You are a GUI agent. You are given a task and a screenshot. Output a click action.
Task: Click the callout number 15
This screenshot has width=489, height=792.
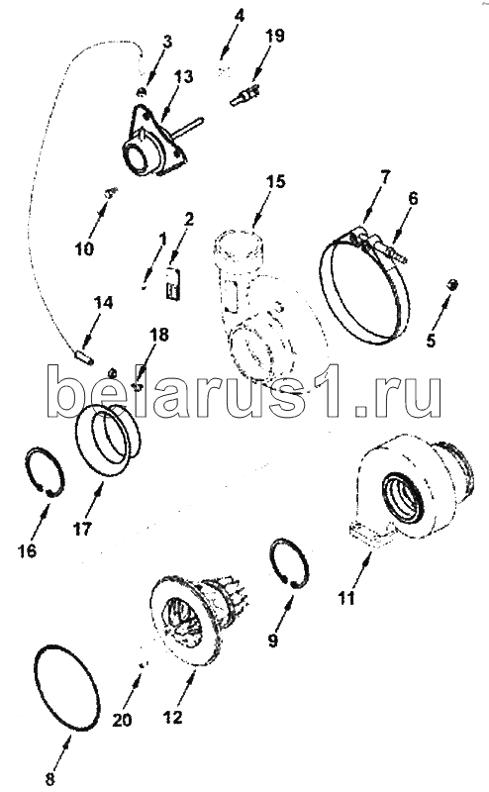click(276, 182)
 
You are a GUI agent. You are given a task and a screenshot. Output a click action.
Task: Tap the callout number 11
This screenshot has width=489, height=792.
click(347, 598)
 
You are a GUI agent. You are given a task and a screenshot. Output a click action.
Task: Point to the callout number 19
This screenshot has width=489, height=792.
click(274, 36)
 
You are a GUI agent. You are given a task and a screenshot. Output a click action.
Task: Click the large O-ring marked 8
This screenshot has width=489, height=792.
click(66, 688)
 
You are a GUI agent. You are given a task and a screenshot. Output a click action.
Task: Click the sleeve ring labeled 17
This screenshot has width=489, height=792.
click(106, 441)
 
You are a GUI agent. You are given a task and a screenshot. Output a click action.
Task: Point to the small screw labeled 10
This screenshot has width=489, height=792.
click(111, 191)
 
